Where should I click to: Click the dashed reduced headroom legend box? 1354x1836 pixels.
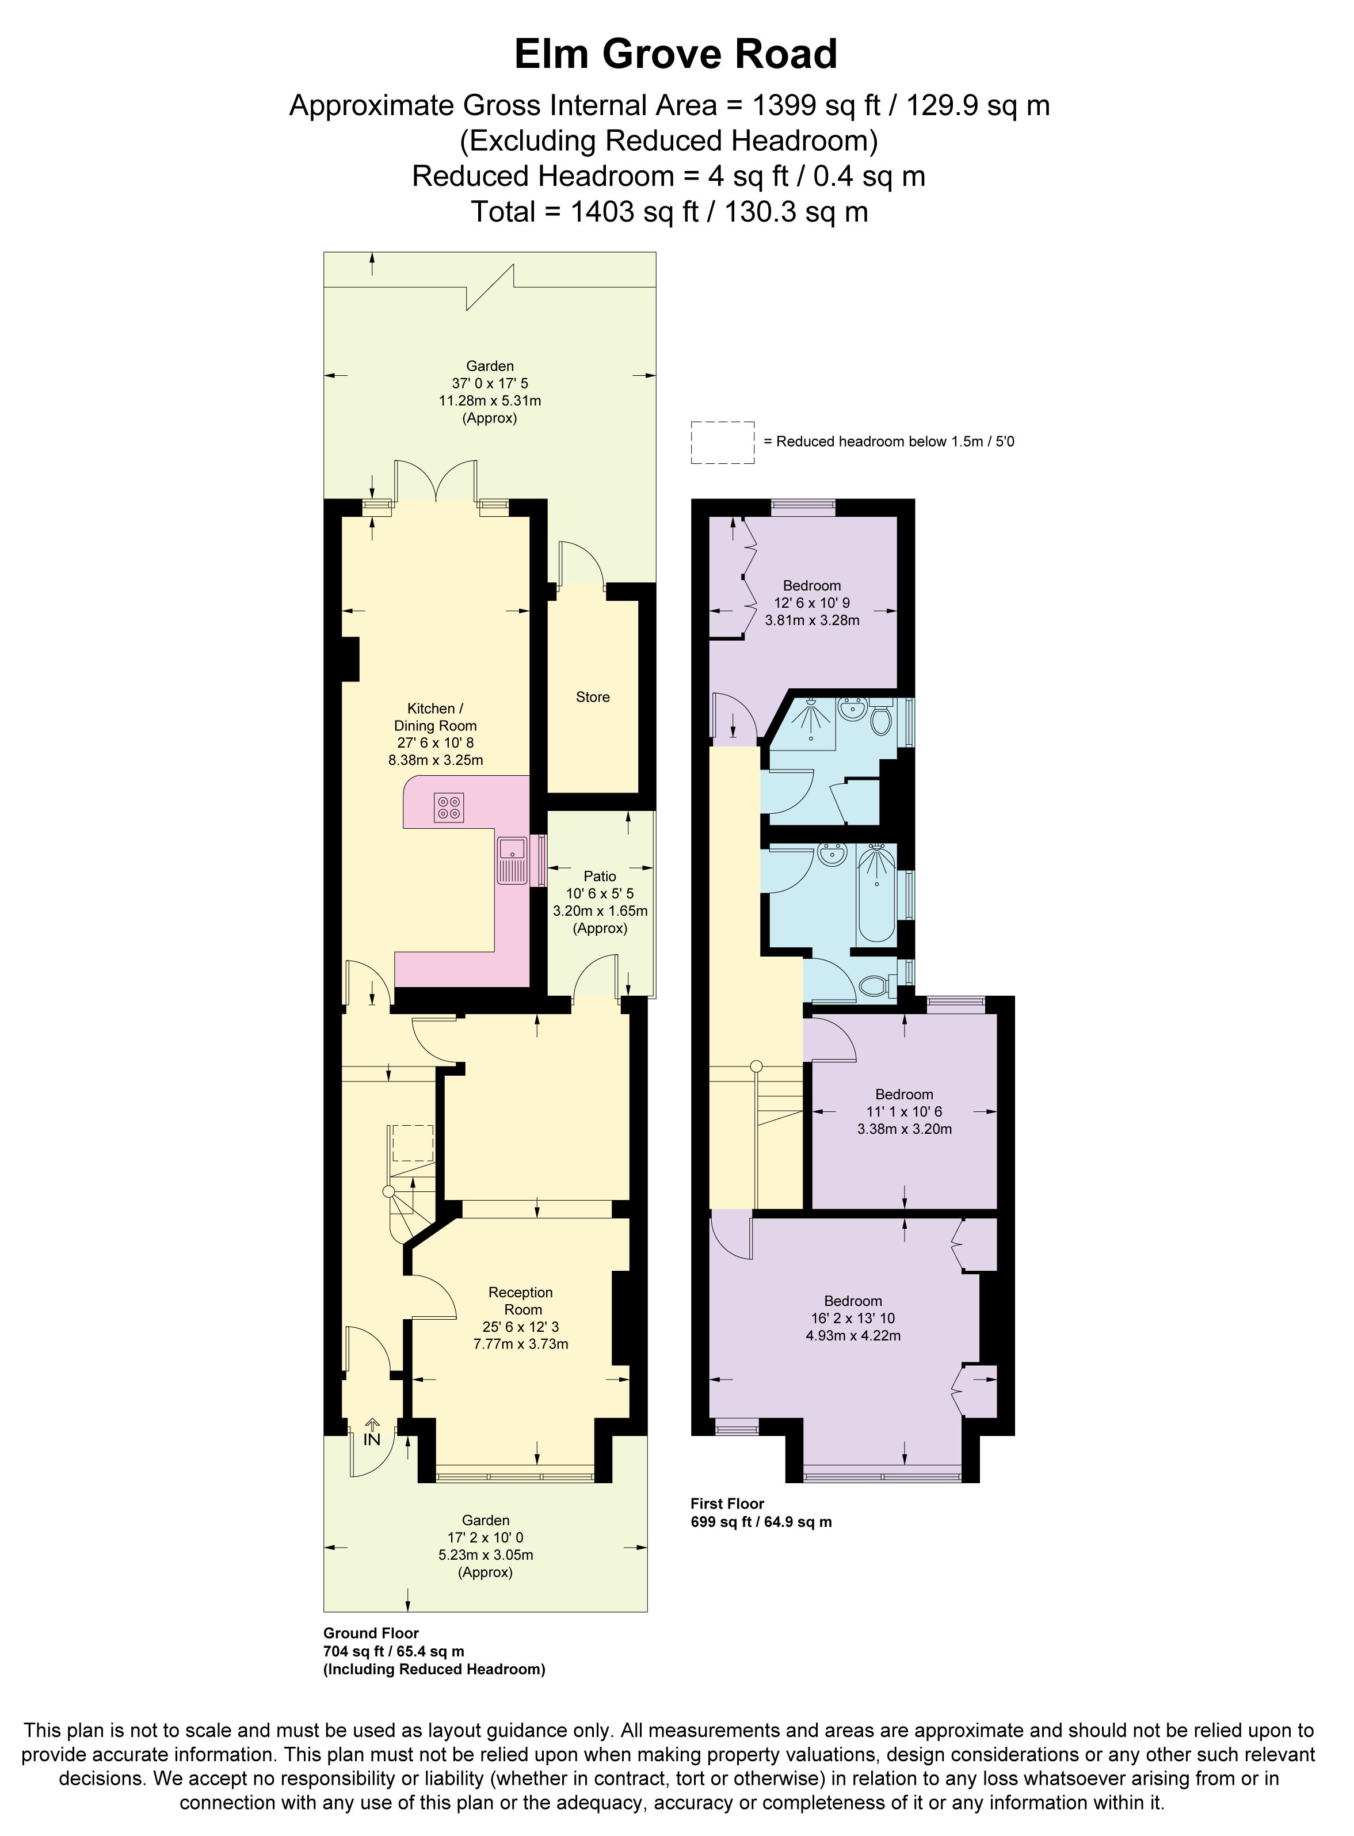pos(722,443)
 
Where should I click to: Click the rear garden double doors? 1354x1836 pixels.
pos(436,483)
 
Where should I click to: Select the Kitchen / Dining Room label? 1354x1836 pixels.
pos(434,717)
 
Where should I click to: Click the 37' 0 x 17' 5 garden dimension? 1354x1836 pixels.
pos(490,383)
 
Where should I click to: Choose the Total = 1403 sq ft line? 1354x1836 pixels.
pos(668,212)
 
